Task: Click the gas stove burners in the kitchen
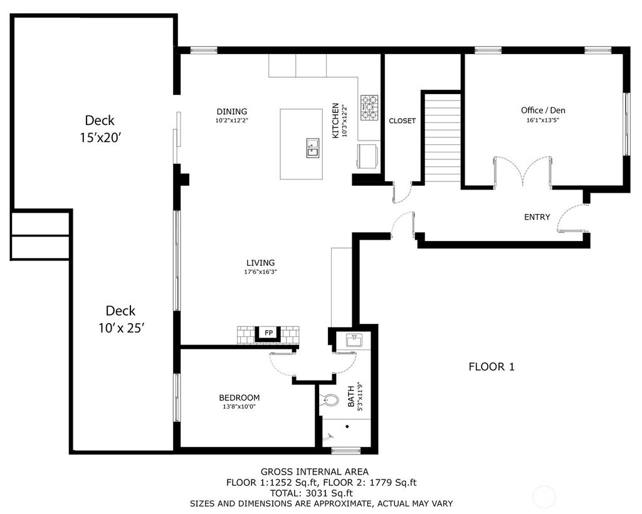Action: coord(369,107)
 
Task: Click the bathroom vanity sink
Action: coord(354,341)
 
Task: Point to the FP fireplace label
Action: coord(268,333)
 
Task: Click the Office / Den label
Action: coord(543,110)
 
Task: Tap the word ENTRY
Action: coord(537,217)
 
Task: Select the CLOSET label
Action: coord(402,121)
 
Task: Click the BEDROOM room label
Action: coord(239,398)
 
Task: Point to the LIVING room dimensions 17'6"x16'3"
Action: coord(260,272)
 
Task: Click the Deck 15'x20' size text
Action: coord(100,137)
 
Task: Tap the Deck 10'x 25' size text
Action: coord(121,328)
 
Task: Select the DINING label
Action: coord(232,112)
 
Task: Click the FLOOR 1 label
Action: coord(492,367)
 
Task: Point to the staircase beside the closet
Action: coord(443,139)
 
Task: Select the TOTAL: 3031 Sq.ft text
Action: coord(311,493)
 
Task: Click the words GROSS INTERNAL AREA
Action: coord(315,472)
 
